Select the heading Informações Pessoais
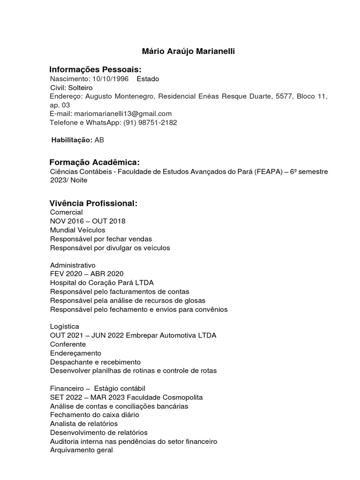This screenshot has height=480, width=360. [95, 69]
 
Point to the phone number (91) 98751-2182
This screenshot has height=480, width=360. [150, 122]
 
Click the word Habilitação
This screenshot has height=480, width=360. [72, 140]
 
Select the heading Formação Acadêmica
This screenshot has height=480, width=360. [95, 162]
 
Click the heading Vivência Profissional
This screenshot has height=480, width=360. [93, 203]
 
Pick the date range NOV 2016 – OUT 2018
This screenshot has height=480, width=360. [88, 221]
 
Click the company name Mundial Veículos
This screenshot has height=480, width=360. [77, 230]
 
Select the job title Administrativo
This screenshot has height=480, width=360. [73, 265]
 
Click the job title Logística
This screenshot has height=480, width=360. [65, 326]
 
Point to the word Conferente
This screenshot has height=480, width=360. [68, 344]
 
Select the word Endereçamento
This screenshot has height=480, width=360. [75, 353]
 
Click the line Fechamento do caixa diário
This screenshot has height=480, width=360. [95, 415]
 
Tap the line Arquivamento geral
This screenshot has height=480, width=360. [82, 450]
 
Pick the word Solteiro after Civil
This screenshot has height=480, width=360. [80, 88]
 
